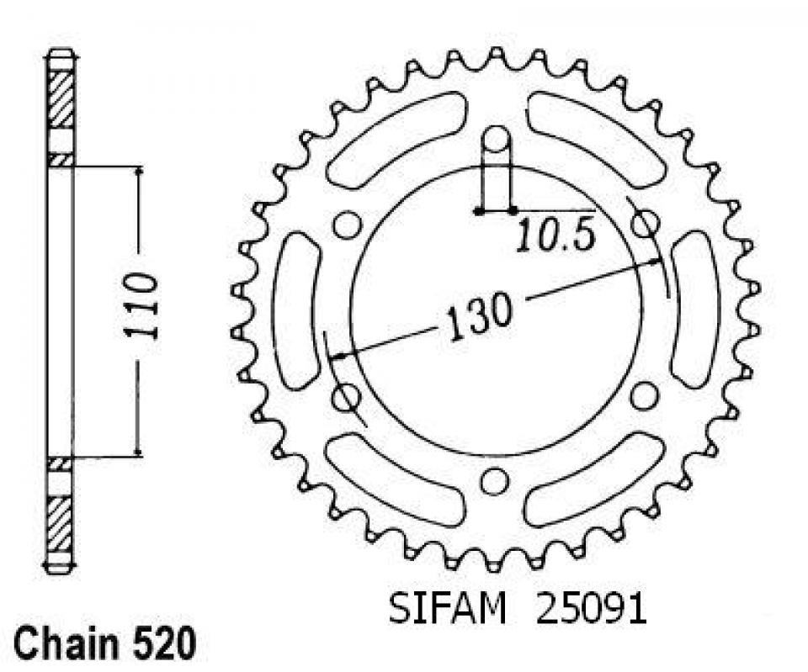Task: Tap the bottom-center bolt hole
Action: [497, 480]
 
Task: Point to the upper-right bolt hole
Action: [646, 223]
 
